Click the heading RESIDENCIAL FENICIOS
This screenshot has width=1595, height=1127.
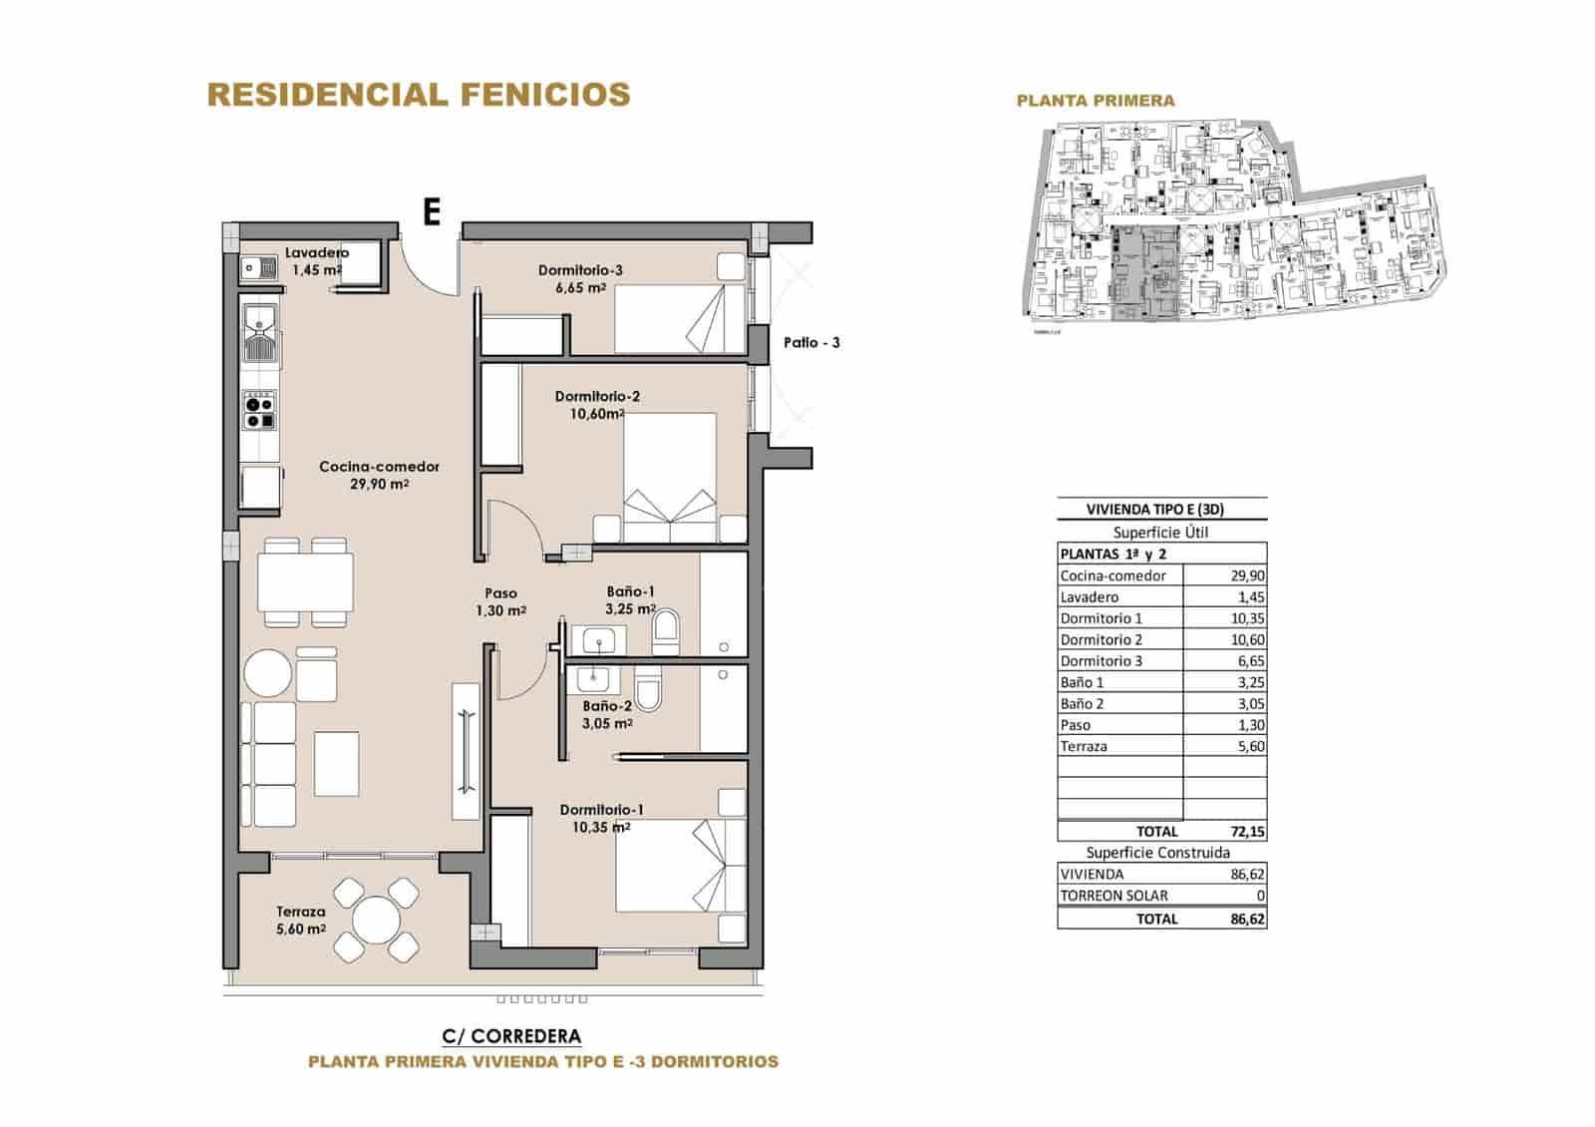pyautogui.click(x=418, y=95)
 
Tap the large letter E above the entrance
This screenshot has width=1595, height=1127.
pyautogui.click(x=432, y=211)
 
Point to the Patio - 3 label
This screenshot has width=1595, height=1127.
pyautogui.click(x=810, y=342)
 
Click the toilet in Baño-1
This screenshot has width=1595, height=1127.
pyautogui.click(x=666, y=631)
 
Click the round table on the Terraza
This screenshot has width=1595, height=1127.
pyautogui.click(x=377, y=919)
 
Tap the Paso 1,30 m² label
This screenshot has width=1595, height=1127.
pyautogui.click(x=500, y=601)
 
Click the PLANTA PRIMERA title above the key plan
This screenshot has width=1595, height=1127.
pyautogui.click(x=1095, y=101)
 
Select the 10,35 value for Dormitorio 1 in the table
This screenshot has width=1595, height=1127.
pyautogui.click(x=1246, y=618)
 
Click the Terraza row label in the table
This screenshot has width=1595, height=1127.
pyautogui.click(x=1084, y=746)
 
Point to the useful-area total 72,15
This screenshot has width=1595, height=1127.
pyautogui.click(x=1246, y=831)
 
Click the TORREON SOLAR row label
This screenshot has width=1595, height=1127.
pyautogui.click(x=1114, y=896)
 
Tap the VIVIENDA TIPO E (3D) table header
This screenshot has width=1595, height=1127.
pyautogui.click(x=1154, y=509)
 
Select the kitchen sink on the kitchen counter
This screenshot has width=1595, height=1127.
pyautogui.click(x=261, y=334)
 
